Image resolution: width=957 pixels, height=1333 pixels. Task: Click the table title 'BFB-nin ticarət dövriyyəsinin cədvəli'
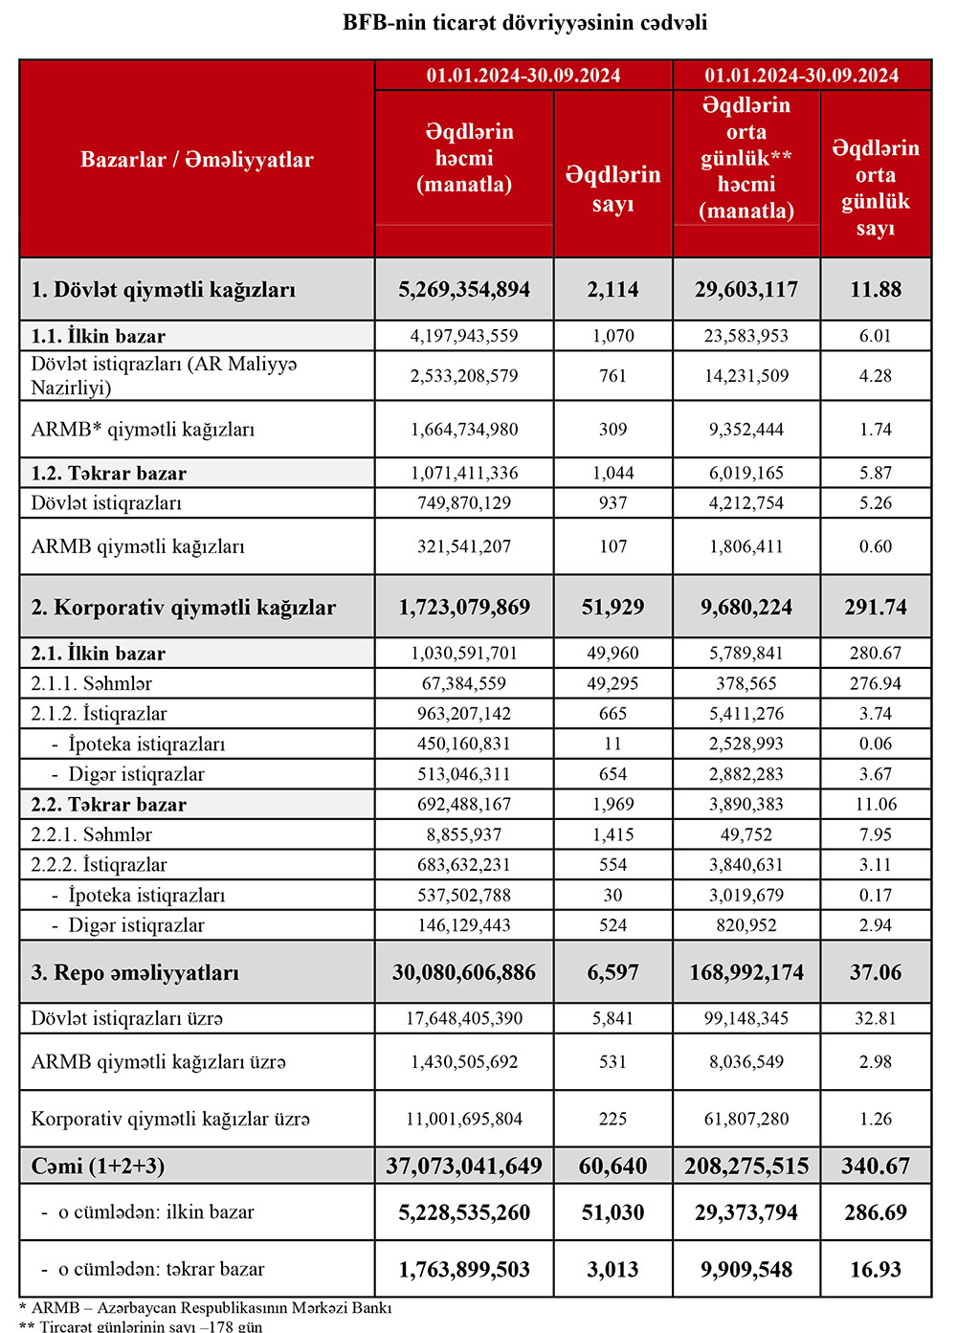[524, 22]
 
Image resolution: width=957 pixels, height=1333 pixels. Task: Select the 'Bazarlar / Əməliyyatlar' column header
[196, 160]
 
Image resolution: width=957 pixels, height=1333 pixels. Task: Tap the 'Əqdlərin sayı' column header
[612, 189]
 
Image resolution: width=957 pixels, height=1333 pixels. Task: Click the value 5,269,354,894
[464, 289]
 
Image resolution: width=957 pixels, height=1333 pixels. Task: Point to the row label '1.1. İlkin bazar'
[98, 336]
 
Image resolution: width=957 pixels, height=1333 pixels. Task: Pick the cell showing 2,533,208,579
[464, 376]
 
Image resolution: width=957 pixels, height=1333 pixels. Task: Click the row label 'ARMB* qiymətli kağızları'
[143, 430]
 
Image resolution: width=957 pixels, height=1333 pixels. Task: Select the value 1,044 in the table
[612, 473]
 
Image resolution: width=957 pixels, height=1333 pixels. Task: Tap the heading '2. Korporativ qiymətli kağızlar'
[183, 608]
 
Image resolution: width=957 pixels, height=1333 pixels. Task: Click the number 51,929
[612, 608]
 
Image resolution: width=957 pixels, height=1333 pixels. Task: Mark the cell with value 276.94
[875, 683]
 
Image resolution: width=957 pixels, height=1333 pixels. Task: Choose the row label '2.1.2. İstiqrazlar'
[99, 714]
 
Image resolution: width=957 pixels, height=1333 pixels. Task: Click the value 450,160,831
[464, 744]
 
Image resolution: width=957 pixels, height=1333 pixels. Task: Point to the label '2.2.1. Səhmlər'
[91, 834]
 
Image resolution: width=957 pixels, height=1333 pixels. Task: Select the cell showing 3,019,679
[746, 896]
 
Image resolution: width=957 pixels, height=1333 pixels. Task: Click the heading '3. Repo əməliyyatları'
[135, 973]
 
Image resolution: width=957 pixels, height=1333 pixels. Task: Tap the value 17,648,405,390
[464, 1018]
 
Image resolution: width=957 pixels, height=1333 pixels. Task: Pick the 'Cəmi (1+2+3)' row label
[98, 1166]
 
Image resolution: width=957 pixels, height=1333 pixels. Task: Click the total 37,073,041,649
[464, 1166]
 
